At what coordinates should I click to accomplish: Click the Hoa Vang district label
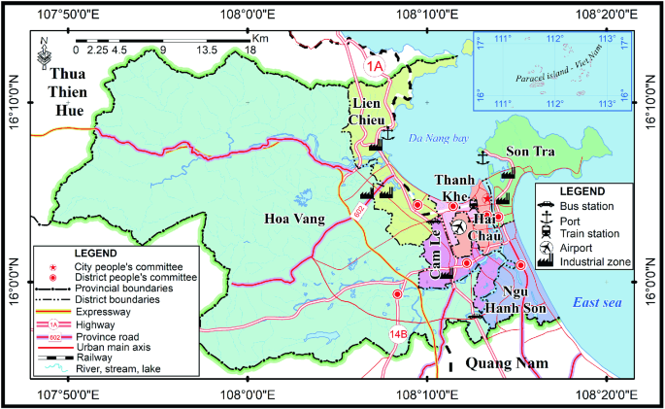tap(293, 220)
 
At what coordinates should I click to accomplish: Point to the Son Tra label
tap(528, 152)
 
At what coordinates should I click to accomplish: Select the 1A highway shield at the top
tap(376, 65)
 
